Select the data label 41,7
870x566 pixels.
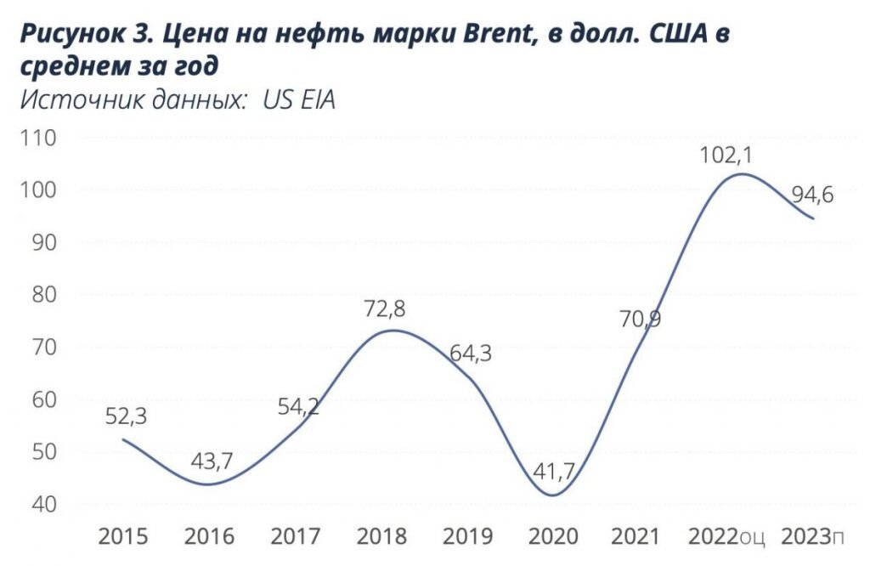554,471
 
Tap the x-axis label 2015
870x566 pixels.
124,537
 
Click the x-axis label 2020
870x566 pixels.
553,537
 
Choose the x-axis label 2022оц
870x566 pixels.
726,537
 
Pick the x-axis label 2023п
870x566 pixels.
813,537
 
